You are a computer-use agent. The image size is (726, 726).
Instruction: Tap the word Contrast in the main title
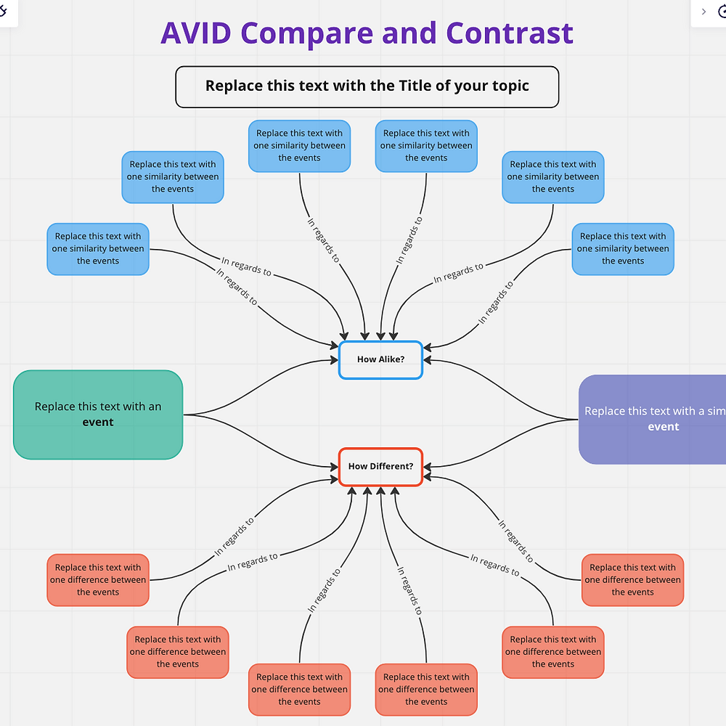pyautogui.click(x=510, y=33)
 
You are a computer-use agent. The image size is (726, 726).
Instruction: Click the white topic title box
pyautogui.click(x=367, y=86)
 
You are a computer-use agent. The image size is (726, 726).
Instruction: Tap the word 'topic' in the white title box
pyautogui.click(x=508, y=86)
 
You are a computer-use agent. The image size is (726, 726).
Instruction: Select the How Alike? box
pyautogui.click(x=380, y=359)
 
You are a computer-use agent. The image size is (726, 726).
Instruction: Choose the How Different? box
pyautogui.click(x=380, y=466)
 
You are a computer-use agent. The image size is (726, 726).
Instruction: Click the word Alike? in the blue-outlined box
pyautogui.click(x=392, y=359)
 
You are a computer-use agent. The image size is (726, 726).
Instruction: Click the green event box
pyautogui.click(x=98, y=415)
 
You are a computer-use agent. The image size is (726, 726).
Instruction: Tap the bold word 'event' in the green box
pyautogui.click(x=98, y=423)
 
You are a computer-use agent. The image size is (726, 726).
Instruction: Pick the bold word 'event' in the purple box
pyautogui.click(x=663, y=427)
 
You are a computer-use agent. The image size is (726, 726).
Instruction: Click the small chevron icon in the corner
pyautogui.click(x=703, y=12)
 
